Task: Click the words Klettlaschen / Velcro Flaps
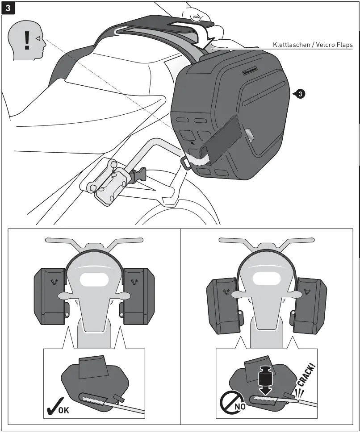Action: tap(313, 45)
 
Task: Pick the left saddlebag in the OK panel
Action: tap(50, 296)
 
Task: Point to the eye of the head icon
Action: tap(38, 39)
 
